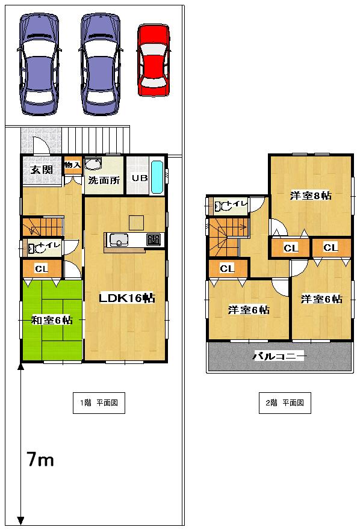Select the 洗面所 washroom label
click(x=104, y=180)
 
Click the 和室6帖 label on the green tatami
click(x=52, y=321)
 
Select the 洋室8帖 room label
click(x=311, y=196)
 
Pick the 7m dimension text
click(x=40, y=461)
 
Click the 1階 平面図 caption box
click(x=99, y=403)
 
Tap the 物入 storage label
click(x=72, y=165)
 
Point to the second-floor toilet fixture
click(x=225, y=206)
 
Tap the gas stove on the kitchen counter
click(x=154, y=239)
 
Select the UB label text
click(x=140, y=178)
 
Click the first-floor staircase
click(x=42, y=227)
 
